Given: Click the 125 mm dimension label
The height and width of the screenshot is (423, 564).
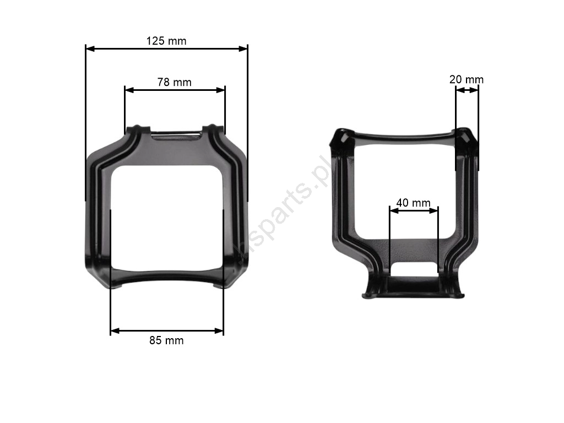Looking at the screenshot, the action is pyautogui.click(x=166, y=41).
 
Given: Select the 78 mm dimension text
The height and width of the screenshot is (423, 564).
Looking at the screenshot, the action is pyautogui.click(x=175, y=83).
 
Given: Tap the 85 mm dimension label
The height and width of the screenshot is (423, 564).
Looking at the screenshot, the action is pyautogui.click(x=166, y=340).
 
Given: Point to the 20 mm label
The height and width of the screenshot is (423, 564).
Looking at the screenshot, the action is pyautogui.click(x=467, y=79).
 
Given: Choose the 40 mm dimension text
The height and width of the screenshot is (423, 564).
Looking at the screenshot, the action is pyautogui.click(x=413, y=203).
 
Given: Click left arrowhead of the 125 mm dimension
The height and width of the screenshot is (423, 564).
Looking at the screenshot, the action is pyautogui.click(x=90, y=48).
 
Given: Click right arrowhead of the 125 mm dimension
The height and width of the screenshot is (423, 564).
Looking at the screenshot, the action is pyautogui.click(x=243, y=48).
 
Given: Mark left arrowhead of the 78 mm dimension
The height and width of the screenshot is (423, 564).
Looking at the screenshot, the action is pyautogui.click(x=129, y=90).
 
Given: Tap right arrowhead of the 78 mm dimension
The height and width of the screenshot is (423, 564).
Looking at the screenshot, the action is pyautogui.click(x=220, y=90).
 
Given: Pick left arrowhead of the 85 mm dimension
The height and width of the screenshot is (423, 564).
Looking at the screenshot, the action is pyautogui.click(x=115, y=330).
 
